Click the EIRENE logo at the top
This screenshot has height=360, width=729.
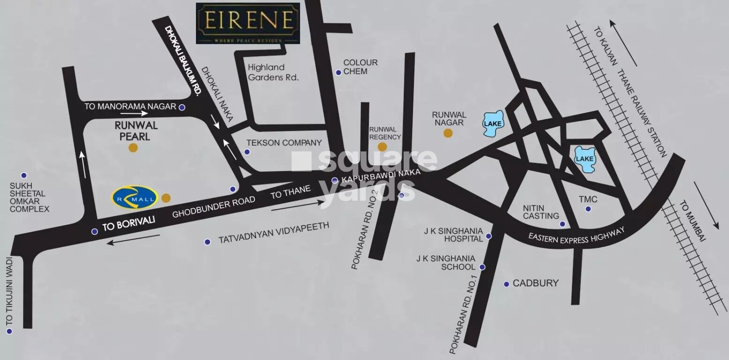click(x=248, y=23)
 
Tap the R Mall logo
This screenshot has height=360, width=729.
click(x=134, y=197)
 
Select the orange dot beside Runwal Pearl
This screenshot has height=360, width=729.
click(x=133, y=148)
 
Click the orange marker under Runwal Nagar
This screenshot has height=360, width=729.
click(x=448, y=133)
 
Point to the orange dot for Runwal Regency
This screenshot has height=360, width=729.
click(x=382, y=147)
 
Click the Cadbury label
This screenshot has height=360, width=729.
click(x=535, y=283)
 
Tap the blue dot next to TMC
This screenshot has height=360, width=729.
click(x=588, y=209)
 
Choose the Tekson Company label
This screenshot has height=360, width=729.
click(x=284, y=142)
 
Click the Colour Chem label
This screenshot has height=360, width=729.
click(x=360, y=67)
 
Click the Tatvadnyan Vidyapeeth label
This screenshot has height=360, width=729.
click(x=274, y=233)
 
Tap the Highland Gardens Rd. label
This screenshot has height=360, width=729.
click(x=273, y=73)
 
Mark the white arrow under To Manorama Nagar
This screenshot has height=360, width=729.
click(x=134, y=113)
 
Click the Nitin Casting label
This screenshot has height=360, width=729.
click(x=541, y=212)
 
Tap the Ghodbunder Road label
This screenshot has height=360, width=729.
click(x=214, y=207)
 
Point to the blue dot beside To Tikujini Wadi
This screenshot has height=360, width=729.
click(x=8, y=331)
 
